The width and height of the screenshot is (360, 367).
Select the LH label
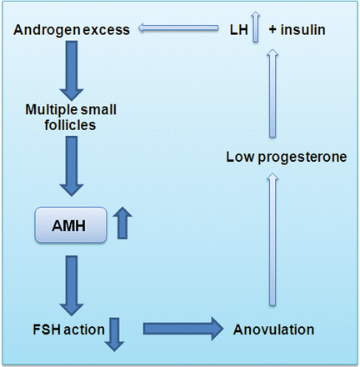pyautogui.click(x=239, y=30)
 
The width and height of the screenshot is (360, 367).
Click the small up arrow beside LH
pyautogui.click(x=256, y=27)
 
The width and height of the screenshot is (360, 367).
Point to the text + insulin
pyautogui.click(x=297, y=30)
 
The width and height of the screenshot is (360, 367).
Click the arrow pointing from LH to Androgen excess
pyautogui.click(x=178, y=28)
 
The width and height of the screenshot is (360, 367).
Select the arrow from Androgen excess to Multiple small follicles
pyautogui.click(x=72, y=71)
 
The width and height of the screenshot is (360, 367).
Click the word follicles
pyautogui.click(x=70, y=125)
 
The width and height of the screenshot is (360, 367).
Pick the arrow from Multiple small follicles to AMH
pyautogui.click(x=72, y=166)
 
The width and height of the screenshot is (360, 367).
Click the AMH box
pyautogui.click(x=71, y=225)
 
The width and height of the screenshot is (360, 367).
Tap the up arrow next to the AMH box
pyautogui.click(x=122, y=223)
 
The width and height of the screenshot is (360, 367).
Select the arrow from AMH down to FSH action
pyautogui.click(x=72, y=285)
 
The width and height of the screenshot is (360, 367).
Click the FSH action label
pyautogui.click(x=68, y=329)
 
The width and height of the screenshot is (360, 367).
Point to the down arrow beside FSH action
pyautogui.click(x=114, y=334)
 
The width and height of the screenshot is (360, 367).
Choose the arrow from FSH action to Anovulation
pyautogui.click(x=183, y=329)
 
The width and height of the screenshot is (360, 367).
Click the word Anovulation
pyautogui.click(x=273, y=329)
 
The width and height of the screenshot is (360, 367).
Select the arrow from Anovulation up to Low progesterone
pyautogui.click(x=272, y=239)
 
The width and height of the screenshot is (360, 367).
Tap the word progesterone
pyautogui.click(x=302, y=158)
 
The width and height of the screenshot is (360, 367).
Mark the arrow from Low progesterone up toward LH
pyautogui.click(x=272, y=93)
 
